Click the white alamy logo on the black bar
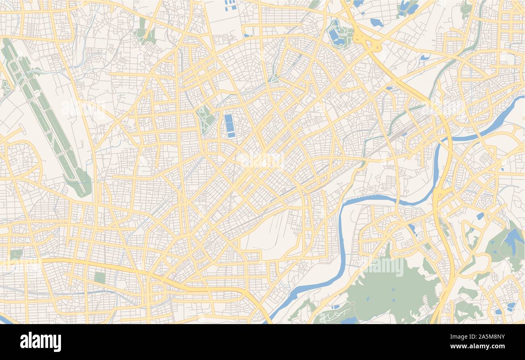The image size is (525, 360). (40, 342)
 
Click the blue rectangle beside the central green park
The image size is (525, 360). (230, 126)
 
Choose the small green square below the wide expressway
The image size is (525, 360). (99, 278)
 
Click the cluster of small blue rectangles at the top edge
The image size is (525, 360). (230, 5)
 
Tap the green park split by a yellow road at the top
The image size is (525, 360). (146, 34)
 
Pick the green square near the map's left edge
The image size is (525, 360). (16, 254)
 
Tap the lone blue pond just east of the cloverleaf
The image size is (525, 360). (376, 23)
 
